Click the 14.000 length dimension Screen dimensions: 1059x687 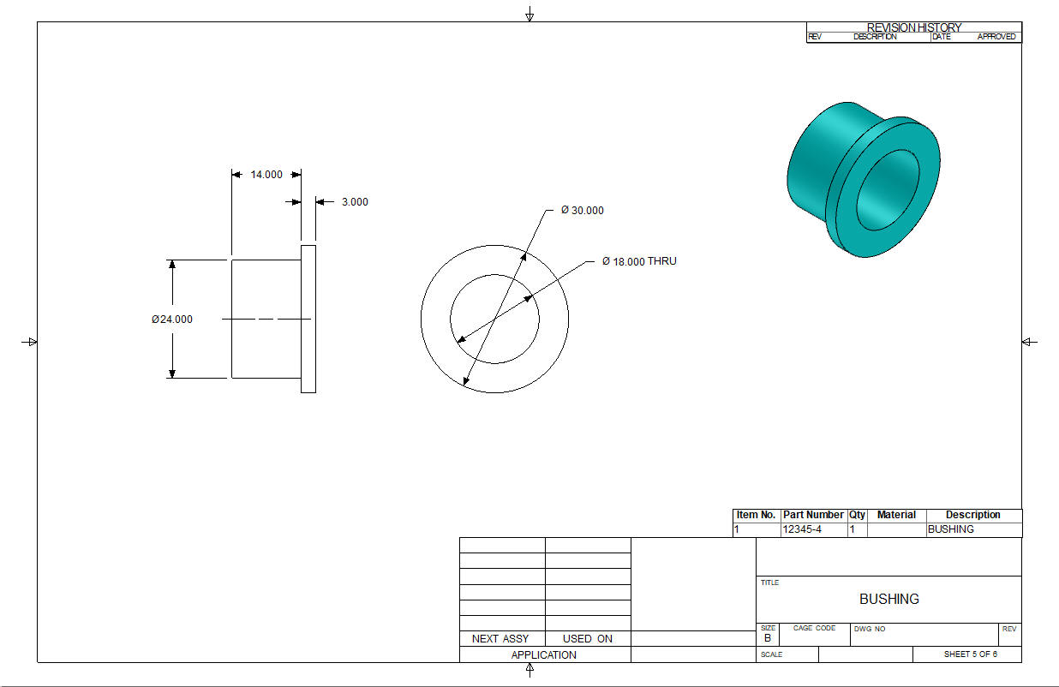tap(266, 175)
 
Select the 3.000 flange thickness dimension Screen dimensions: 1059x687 tap(355, 202)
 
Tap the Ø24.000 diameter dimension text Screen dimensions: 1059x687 tap(172, 320)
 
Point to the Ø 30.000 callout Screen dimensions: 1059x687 tap(582, 210)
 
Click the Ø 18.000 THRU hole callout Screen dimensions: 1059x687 tap(639, 261)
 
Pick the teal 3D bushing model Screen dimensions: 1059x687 tap(864, 180)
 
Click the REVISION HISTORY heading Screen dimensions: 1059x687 tap(914, 27)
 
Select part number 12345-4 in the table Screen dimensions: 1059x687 tap(802, 529)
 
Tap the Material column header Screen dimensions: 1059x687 tap(896, 515)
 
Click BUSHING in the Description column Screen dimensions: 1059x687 tap(950, 529)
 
